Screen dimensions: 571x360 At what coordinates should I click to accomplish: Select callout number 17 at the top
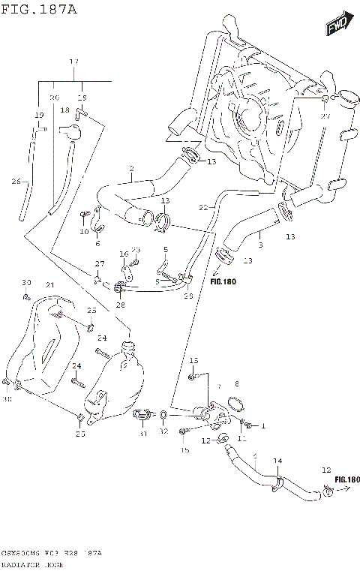[73, 62]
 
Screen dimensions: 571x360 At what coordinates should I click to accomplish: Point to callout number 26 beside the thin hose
[16, 181]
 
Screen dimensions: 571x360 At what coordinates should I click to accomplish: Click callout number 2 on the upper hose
[130, 168]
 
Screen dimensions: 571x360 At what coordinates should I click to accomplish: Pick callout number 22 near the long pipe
[202, 206]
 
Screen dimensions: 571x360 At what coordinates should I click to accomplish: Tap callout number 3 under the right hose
[259, 244]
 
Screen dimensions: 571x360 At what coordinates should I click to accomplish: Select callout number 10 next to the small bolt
[83, 231]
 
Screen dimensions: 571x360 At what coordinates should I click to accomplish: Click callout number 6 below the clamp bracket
[97, 243]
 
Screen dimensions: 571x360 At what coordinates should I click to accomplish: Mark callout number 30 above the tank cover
[25, 282]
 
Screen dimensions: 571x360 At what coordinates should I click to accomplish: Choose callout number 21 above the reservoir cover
[50, 285]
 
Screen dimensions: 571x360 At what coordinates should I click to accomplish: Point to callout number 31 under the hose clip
[142, 434]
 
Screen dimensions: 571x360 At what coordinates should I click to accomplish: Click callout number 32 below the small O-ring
[163, 432]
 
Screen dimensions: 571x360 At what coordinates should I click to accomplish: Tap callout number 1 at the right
[263, 425]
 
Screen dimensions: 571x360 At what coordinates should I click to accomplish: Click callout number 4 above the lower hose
[255, 455]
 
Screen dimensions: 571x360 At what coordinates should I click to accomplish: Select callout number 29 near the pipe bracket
[188, 297]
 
